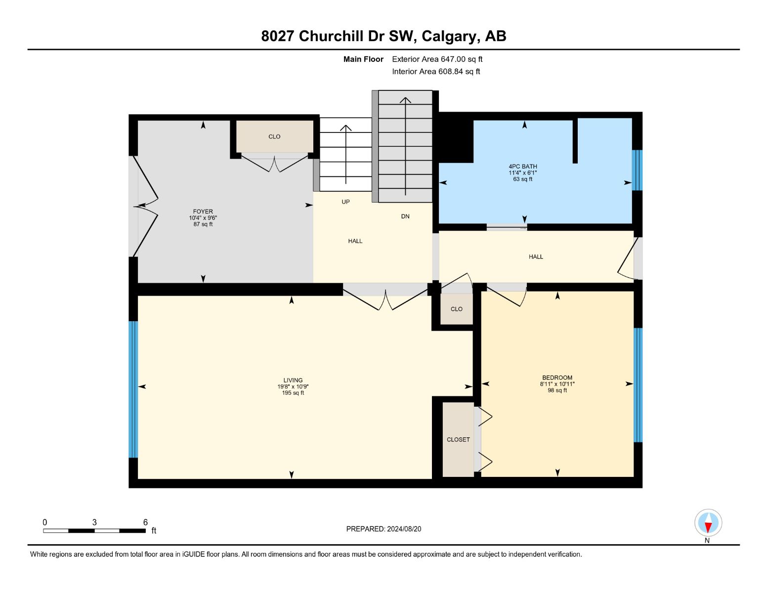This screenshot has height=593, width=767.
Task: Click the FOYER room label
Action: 203,212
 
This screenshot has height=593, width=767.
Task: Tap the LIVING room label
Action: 293,380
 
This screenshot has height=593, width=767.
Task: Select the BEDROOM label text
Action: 557,378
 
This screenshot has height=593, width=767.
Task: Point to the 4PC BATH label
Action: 522,166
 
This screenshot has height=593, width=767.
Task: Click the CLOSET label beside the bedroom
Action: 458,439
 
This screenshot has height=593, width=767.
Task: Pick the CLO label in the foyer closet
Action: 274,136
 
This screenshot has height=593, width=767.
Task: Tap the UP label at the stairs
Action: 345,202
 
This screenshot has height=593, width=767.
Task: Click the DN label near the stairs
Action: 405,216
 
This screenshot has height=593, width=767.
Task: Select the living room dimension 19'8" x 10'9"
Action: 293,386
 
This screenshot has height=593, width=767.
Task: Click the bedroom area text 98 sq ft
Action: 557,390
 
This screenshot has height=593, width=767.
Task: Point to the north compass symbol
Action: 708,522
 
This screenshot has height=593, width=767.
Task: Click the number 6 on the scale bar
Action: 145,522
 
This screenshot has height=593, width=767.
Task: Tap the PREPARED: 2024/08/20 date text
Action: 383,529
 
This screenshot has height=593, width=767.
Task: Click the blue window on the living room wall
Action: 133,389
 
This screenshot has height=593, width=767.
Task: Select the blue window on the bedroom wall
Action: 638,385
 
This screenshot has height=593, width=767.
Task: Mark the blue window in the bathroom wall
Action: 637,170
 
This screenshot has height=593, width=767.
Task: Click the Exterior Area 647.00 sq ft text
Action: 437,59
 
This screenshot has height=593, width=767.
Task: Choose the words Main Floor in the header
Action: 363,59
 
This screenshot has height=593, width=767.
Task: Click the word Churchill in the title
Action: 331,36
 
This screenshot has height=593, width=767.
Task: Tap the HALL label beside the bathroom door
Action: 535,257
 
